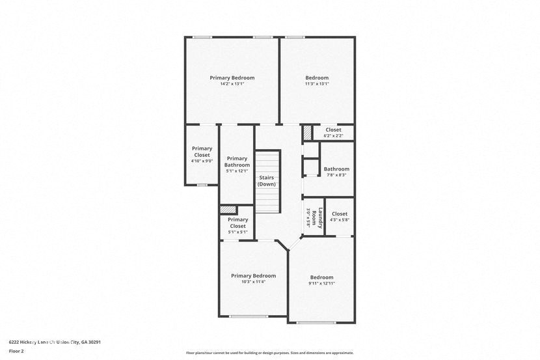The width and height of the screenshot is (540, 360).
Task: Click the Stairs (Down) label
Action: coord(266,181)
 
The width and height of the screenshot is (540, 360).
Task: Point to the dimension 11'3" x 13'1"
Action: coord(317,84)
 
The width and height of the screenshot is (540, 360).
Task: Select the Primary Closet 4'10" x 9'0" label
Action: coord(202,154)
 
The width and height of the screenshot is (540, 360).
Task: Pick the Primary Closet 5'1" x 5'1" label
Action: coord(237,223)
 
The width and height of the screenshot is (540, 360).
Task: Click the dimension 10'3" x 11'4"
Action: coord(253,282)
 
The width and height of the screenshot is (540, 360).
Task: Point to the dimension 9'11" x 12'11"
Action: coord(321,284)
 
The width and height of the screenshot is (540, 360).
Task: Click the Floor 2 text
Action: coord(16,351)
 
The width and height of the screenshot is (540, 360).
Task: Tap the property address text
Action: coord(55,342)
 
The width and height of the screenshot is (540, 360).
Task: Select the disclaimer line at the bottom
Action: coord(270,353)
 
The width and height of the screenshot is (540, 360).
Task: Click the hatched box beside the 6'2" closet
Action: coord(307,132)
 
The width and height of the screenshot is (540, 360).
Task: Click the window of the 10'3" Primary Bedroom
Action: coord(248,317)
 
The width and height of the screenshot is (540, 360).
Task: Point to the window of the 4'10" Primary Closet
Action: coord(202,186)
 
